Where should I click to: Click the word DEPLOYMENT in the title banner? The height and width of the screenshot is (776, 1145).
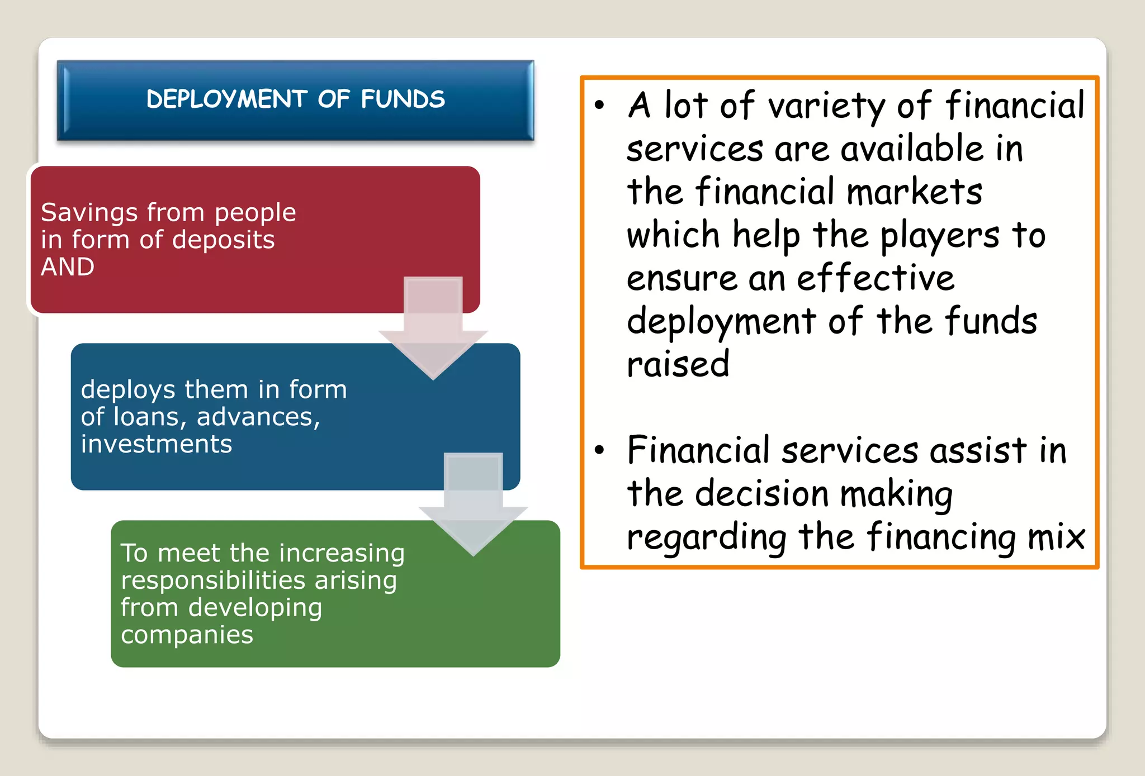pyautogui.click(x=226, y=99)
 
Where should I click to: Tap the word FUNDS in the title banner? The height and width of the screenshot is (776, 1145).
pyautogui.click(x=403, y=99)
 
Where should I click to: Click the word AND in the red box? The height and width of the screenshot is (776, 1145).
pyautogui.click(x=68, y=267)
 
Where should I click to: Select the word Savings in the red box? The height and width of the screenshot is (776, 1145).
pyautogui.click(x=89, y=213)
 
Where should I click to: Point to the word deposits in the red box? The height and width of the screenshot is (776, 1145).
pyautogui.click(x=223, y=240)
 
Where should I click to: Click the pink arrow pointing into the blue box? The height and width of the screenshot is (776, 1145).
pyautogui.click(x=433, y=330)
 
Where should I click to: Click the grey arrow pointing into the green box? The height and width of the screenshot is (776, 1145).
pyautogui.click(x=473, y=506)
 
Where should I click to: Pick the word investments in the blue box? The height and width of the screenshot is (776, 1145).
pyautogui.click(x=157, y=444)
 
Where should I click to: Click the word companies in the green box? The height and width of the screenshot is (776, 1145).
pyautogui.click(x=187, y=635)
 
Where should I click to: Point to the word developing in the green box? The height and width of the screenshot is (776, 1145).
pyautogui.click(x=255, y=608)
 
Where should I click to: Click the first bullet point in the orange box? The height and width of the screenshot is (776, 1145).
pyautogui.click(x=599, y=105)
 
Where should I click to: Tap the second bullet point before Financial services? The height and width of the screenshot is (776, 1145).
pyautogui.click(x=599, y=450)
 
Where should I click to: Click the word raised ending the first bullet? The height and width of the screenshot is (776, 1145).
pyautogui.click(x=678, y=364)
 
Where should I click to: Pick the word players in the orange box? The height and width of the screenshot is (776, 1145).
pyautogui.click(x=940, y=236)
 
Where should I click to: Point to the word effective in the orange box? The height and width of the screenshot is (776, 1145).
pyautogui.click(x=876, y=278)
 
